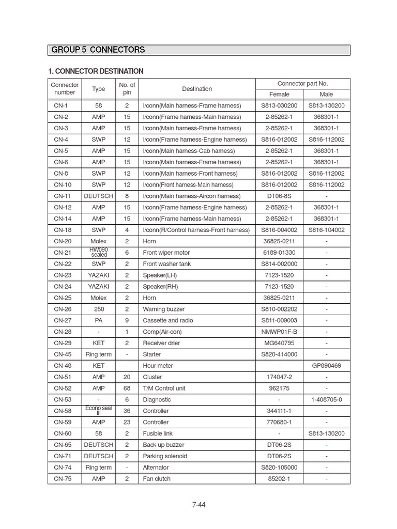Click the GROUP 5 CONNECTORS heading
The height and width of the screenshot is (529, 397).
[98, 50]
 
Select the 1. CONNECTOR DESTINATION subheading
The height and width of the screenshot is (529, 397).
[97, 71]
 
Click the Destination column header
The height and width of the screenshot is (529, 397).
[197, 89]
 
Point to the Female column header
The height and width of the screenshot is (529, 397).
[279, 95]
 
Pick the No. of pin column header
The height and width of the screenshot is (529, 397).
[127, 89]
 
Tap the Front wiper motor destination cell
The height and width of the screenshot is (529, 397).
[166, 253]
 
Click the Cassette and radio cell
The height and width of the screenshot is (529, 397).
[167, 320]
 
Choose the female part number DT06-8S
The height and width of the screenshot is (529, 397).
[279, 196]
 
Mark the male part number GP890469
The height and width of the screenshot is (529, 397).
[326, 366]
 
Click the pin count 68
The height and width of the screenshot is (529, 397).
[127, 388]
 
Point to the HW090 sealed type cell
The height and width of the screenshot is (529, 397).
[99, 253]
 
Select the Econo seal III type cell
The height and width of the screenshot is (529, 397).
[99, 411]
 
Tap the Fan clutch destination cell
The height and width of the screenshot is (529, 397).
[157, 479]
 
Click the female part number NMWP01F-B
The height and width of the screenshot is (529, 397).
[279, 332]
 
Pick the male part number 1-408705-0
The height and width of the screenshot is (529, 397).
[326, 400]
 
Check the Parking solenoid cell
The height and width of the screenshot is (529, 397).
[164, 456]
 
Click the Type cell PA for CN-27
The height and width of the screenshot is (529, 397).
[99, 320]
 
